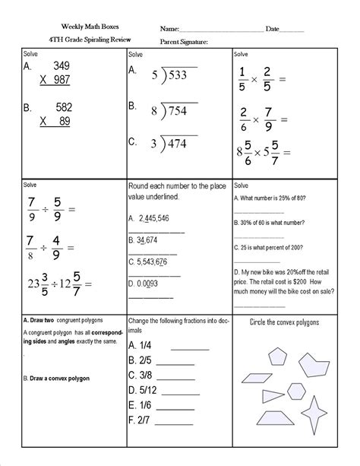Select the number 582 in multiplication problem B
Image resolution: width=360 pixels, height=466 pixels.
(x=58, y=109)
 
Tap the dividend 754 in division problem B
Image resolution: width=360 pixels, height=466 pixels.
(x=178, y=112)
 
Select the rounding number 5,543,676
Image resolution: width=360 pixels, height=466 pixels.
(x=153, y=262)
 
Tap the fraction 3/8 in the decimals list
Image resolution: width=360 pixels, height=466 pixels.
(x=142, y=376)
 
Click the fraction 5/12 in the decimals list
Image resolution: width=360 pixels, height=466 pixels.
(x=144, y=391)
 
